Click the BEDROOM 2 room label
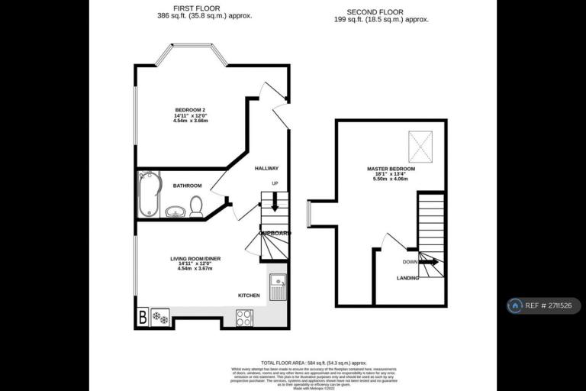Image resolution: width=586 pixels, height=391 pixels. click(x=190, y=111)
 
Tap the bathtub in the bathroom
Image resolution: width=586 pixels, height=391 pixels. click(x=148, y=194)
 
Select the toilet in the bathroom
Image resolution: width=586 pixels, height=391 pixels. click(x=196, y=206)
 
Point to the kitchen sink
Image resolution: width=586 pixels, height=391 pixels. click(x=277, y=286)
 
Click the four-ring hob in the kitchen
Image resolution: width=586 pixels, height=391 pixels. click(x=245, y=317)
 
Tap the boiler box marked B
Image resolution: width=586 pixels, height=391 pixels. click(x=142, y=316)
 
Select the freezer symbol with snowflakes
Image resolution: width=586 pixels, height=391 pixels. click(x=160, y=317)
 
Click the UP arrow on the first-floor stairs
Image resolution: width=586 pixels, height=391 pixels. click(x=275, y=202)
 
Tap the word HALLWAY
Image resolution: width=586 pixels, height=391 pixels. click(x=266, y=169)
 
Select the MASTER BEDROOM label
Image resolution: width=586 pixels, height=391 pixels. click(x=390, y=169)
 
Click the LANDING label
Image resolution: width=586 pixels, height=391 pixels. click(x=407, y=279)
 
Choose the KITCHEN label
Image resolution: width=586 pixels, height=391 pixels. click(x=249, y=296)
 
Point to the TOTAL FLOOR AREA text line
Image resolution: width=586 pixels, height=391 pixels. click(x=314, y=363)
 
